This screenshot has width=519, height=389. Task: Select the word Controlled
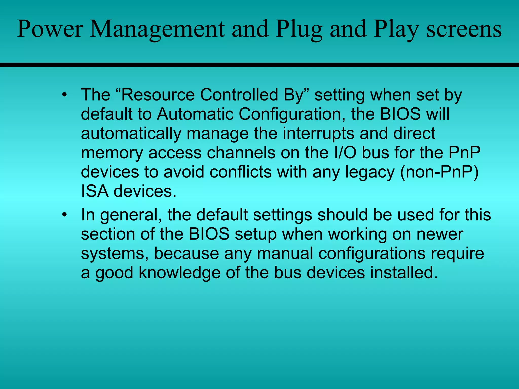tap(239, 95)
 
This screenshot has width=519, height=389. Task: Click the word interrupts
tap(319, 133)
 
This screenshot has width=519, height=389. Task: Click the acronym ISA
tap(95, 191)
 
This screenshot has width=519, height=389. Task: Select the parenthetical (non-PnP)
tap(439, 172)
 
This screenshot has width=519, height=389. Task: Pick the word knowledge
tap(180, 273)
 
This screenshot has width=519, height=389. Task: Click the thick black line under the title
tap(259, 65)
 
